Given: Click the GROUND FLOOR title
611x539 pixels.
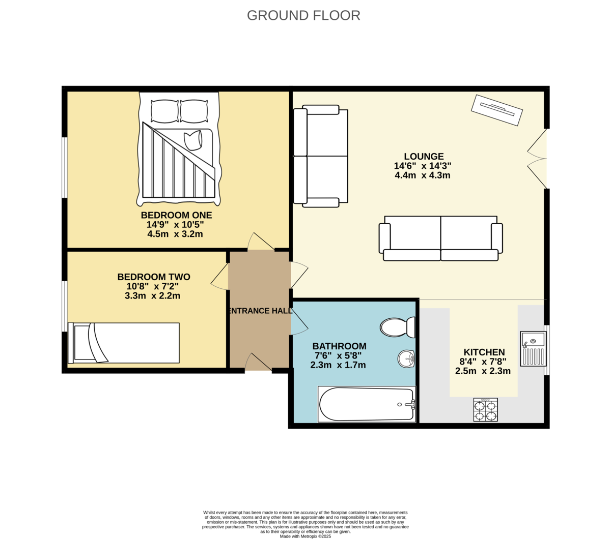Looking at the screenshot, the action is coord(303,15).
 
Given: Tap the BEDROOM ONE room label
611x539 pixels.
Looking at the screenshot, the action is coord(176,215).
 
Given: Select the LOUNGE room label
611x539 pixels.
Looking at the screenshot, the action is coord(424,157).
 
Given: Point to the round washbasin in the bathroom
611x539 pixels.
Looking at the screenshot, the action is coord(406,359).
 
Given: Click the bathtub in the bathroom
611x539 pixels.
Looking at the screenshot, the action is coord(367,404).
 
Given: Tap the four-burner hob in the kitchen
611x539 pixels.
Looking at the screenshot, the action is coord(485,410).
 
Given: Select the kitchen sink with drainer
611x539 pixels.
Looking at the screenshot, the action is coord(533,349).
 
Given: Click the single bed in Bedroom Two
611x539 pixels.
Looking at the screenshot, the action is coord(124,343).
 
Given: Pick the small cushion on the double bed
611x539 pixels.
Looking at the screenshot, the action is coord(193,140).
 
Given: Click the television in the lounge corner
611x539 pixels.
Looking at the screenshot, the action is coord(497,110).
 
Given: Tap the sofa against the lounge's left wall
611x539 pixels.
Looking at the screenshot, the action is coord(321,156).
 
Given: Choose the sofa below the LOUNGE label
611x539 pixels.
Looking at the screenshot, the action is coord(440,238).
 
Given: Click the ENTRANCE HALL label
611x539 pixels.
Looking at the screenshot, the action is coord(260,311).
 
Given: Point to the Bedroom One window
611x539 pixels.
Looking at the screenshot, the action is coord(65,167).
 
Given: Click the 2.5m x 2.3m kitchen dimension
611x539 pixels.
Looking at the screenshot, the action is coord(483,371).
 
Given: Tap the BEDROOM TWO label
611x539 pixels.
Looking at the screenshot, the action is coord(154,277).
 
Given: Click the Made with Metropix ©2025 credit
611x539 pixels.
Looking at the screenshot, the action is coord(305,536).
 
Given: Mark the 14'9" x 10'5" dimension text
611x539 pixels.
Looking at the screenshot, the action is coord(175,224).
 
